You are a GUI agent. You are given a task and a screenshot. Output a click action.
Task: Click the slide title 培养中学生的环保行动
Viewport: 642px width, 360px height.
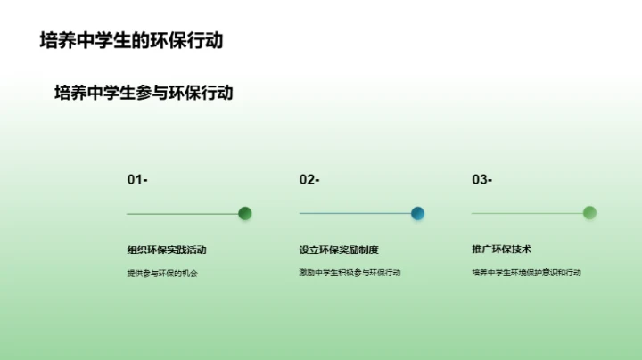click(131, 41)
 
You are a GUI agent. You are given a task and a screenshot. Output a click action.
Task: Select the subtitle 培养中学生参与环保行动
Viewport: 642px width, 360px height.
click(144, 93)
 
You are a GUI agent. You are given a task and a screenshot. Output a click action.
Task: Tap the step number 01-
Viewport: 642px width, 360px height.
click(137, 180)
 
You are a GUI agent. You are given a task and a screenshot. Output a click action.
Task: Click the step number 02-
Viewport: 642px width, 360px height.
click(309, 180)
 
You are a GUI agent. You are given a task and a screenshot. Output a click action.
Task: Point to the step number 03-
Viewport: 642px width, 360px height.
click(481, 180)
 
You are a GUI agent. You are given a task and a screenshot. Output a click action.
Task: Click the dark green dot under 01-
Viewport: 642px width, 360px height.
click(245, 213)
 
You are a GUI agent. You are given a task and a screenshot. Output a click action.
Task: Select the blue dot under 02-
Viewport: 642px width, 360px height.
click(417, 213)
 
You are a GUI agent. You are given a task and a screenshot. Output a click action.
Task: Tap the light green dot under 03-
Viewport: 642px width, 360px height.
click(589, 213)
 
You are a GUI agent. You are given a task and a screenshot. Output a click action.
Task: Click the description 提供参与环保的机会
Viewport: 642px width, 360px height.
click(161, 273)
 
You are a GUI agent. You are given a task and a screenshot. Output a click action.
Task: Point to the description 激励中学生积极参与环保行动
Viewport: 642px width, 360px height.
click(350, 273)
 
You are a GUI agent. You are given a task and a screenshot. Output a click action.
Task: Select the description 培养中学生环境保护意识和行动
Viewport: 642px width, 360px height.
click(526, 273)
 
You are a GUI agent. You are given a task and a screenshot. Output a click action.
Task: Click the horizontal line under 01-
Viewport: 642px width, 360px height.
click(182, 214)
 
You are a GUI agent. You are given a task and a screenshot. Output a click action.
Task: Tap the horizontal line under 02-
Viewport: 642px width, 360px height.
click(354, 214)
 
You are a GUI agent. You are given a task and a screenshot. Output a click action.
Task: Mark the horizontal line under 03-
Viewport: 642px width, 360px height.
click(526, 214)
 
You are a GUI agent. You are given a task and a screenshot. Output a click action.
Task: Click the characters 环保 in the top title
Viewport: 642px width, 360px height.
click(167, 41)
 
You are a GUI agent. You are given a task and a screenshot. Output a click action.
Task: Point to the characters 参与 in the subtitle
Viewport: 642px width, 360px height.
click(152, 93)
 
